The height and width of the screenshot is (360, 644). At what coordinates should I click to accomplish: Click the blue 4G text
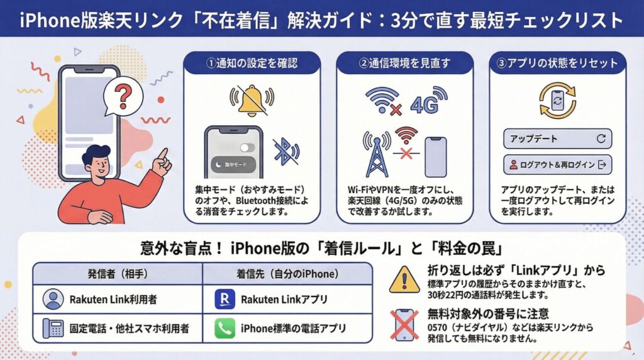coord(425,104)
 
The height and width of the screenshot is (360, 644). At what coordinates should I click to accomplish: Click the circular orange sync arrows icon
coord(558,100)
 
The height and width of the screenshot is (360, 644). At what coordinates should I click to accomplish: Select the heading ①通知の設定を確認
coord(252,63)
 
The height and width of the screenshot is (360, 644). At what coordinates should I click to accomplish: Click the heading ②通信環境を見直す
coord(404,63)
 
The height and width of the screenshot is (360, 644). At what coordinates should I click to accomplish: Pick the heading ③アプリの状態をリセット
coord(558,63)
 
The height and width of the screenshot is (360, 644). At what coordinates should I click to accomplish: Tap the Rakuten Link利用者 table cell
coord(118,299)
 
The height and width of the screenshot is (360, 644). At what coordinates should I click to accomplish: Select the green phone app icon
coord(225,329)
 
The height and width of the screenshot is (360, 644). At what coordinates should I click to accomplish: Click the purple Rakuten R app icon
coord(225,299)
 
